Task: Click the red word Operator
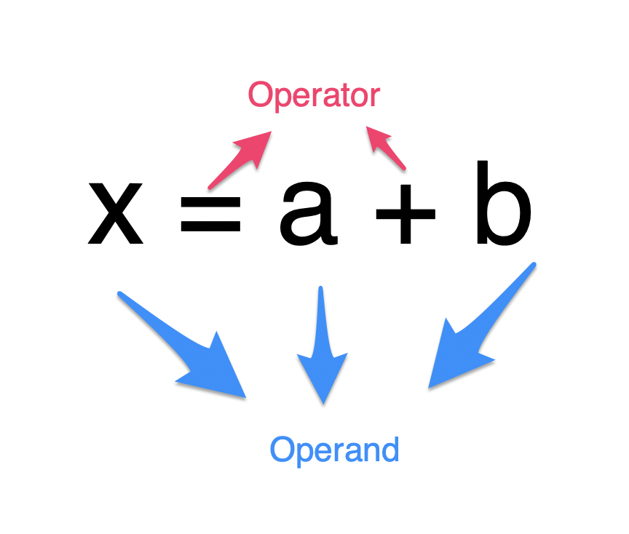pos(314,96)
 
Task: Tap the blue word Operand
pos(335,450)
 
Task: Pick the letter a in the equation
pos(308,214)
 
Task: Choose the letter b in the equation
pos(502,204)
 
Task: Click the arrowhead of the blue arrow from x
pos(218,371)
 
